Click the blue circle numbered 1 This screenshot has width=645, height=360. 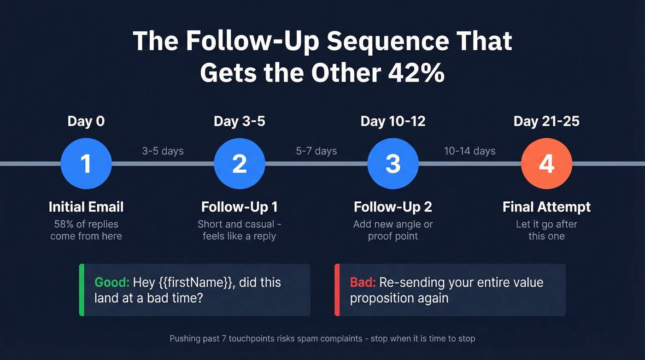point(86,164)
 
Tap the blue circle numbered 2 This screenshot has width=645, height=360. point(240,164)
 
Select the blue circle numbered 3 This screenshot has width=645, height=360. point(393,164)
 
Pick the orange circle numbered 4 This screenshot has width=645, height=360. point(546,164)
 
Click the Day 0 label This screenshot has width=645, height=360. point(86,121)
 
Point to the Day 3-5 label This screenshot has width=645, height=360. point(240,121)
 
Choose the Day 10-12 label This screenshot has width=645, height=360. point(393,121)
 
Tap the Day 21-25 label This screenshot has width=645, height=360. point(546,121)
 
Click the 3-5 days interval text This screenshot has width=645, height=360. point(163,151)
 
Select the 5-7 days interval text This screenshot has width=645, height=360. point(317,151)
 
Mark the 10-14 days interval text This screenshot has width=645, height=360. point(470,151)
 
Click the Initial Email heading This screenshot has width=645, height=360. point(86,207)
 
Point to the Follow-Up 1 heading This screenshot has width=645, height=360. point(240,207)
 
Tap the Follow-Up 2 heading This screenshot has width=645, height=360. point(393,207)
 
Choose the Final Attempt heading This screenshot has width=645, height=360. point(546,207)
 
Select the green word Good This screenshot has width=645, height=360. point(112,282)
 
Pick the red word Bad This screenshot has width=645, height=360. point(363,282)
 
